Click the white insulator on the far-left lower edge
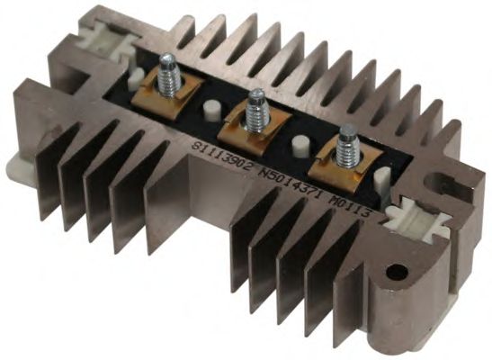(x=12, y=166)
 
